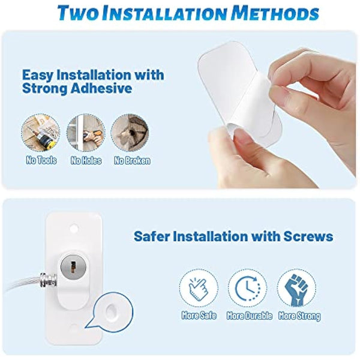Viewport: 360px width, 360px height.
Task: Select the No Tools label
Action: [38, 160]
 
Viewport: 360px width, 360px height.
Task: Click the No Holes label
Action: [86, 160]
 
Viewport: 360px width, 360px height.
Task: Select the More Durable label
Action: [250, 316]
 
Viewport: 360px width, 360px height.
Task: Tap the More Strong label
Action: [298, 316]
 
